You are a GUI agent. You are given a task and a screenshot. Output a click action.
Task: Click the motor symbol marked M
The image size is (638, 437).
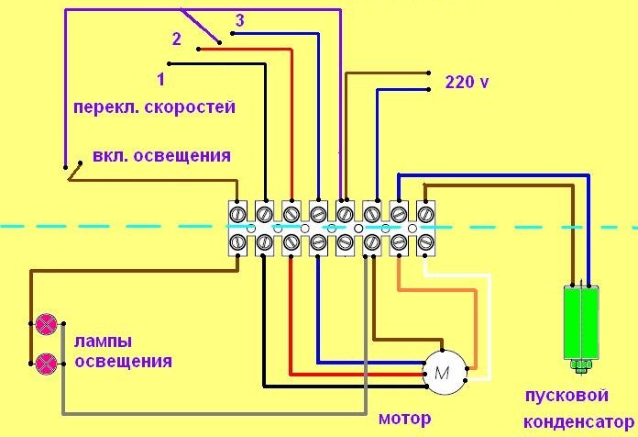click(443, 372)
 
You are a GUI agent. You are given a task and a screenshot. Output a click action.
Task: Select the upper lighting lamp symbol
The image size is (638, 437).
click(45, 323)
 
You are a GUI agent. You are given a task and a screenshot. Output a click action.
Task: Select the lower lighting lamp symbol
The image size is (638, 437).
click(45, 362)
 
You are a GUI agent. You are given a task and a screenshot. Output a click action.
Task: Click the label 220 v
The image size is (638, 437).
click(467, 82)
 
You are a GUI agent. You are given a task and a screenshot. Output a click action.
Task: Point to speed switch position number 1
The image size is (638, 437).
click(160, 79)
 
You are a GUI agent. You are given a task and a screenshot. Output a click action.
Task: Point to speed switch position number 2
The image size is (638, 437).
click(178, 39)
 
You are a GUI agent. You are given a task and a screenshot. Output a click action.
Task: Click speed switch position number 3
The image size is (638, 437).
click(239, 20)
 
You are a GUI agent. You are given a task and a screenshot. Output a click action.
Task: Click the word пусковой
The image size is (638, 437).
click(566, 396)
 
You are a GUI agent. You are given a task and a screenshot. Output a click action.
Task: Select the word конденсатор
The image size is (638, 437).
click(575, 421)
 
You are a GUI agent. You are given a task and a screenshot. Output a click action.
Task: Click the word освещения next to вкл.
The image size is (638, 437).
click(181, 155)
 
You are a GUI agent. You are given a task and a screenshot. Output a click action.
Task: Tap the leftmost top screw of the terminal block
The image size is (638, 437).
click(237, 212)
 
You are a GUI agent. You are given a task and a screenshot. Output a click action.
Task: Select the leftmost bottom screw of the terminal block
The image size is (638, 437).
click(237, 242)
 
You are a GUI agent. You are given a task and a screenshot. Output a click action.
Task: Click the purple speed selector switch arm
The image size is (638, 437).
click(200, 26)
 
